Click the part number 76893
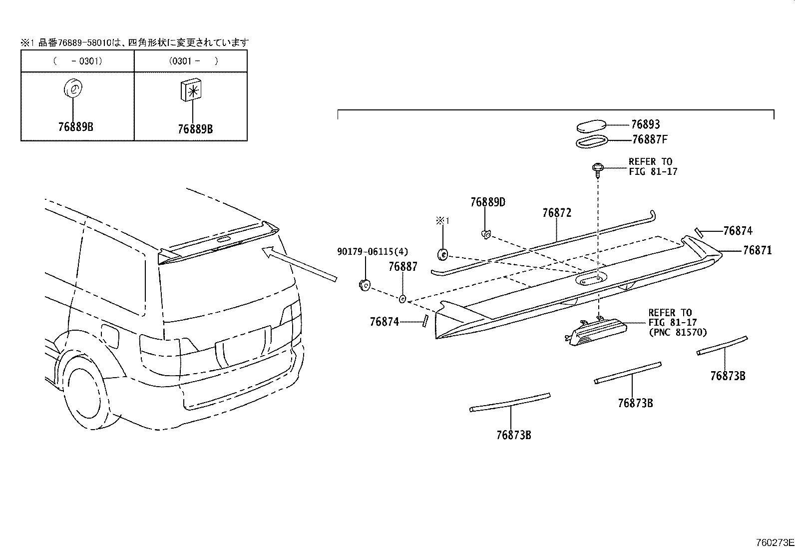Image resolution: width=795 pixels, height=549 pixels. (x=645, y=124)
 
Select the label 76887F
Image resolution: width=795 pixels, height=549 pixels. (x=650, y=140)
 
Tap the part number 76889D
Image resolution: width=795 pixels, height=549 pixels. (x=487, y=202)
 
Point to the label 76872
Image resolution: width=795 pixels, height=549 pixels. (x=556, y=213)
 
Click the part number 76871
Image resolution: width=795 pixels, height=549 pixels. (x=757, y=250)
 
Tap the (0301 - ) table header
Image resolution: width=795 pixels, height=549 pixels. (x=190, y=61)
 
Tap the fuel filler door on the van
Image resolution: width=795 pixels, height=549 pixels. (x=110, y=338)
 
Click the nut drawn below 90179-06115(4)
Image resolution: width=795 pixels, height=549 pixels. (x=364, y=285)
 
